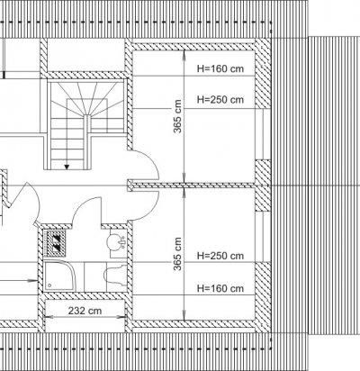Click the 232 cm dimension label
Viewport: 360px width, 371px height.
click(x=85, y=311)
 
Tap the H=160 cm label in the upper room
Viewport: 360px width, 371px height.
click(x=220, y=68)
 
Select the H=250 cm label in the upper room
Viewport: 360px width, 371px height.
click(x=220, y=99)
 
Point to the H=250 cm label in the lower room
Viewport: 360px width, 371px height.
click(x=220, y=256)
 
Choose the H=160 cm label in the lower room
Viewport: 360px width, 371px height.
click(x=220, y=288)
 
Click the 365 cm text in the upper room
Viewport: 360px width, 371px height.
click(x=177, y=116)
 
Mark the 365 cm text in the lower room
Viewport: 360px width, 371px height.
click(x=177, y=254)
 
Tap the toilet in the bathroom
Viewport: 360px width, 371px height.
click(x=115, y=276)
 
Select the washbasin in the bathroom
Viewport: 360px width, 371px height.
click(x=116, y=242)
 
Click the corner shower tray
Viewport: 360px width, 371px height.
click(x=59, y=276)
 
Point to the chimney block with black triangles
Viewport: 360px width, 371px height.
click(x=55, y=243)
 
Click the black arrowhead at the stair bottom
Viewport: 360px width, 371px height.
click(x=67, y=167)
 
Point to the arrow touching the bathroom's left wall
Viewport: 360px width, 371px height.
click(x=18, y=281)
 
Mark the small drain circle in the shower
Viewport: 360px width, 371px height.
click(x=49, y=285)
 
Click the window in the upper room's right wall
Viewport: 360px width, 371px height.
click(x=263, y=134)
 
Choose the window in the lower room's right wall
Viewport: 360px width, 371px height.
click(x=263, y=237)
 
